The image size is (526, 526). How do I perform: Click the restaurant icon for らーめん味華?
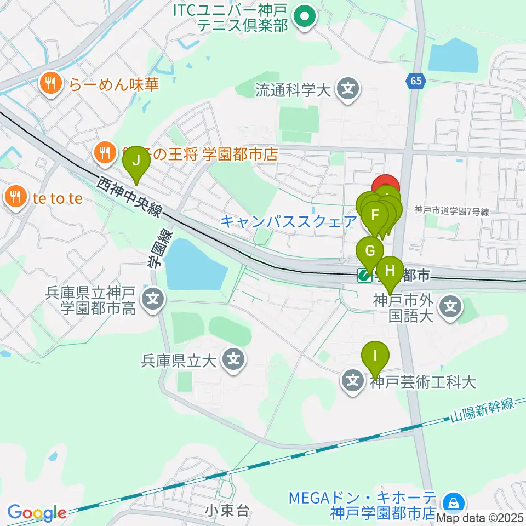[x=50, y=84]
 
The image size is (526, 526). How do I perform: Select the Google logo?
[x=37, y=513]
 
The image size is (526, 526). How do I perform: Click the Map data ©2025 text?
[x=480, y=517]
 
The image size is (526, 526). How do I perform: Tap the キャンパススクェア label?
[x=288, y=222]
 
